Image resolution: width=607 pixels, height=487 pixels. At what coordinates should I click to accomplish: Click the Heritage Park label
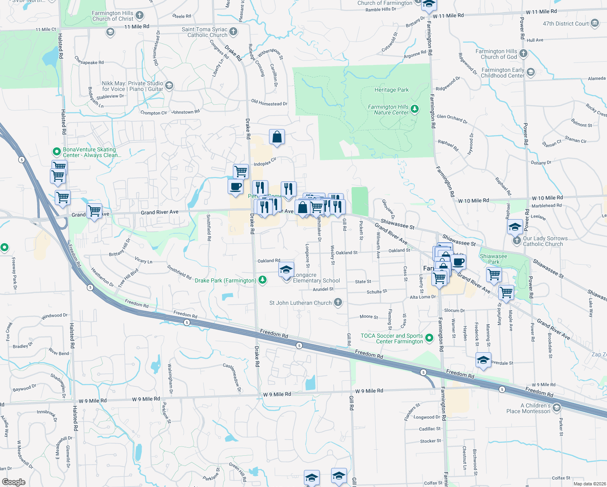pos(391,90)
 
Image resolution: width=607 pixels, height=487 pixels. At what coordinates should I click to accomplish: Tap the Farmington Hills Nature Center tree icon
pos(414,109)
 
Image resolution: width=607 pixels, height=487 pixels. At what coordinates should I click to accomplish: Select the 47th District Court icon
pos(595,23)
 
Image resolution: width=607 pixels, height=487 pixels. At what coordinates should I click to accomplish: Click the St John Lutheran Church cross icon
pos(338,302)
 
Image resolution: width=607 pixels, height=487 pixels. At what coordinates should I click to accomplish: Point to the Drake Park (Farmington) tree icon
pos(263,280)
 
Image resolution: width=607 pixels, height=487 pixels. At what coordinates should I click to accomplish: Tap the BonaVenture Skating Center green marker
pos(56,152)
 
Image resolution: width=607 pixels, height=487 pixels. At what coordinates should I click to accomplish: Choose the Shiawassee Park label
pos(493,259)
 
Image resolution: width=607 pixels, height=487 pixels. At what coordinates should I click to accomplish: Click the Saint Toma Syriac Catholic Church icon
pos(233,32)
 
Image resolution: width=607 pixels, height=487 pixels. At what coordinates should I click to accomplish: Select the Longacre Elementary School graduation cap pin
pos(286,269)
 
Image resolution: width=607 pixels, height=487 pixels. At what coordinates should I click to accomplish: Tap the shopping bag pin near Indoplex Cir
pos(277,137)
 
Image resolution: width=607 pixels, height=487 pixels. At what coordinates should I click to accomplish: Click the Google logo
pos(13,482)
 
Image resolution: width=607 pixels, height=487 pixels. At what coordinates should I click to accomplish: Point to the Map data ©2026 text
pos(588,484)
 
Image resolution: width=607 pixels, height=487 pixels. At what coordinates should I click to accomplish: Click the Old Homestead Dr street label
pos(269,103)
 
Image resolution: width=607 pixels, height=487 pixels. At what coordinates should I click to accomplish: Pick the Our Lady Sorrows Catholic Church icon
pos(517,241)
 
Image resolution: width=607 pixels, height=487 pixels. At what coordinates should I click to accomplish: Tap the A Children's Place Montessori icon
pos(556,408)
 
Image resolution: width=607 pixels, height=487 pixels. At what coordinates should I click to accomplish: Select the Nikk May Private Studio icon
pos(169,86)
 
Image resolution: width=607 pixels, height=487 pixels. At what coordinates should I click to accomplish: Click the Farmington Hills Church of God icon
pos(523,54)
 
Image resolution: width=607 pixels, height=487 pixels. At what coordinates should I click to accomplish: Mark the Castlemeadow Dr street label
pos(232,377)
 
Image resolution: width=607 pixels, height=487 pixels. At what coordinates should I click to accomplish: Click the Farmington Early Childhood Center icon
pos(530,72)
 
